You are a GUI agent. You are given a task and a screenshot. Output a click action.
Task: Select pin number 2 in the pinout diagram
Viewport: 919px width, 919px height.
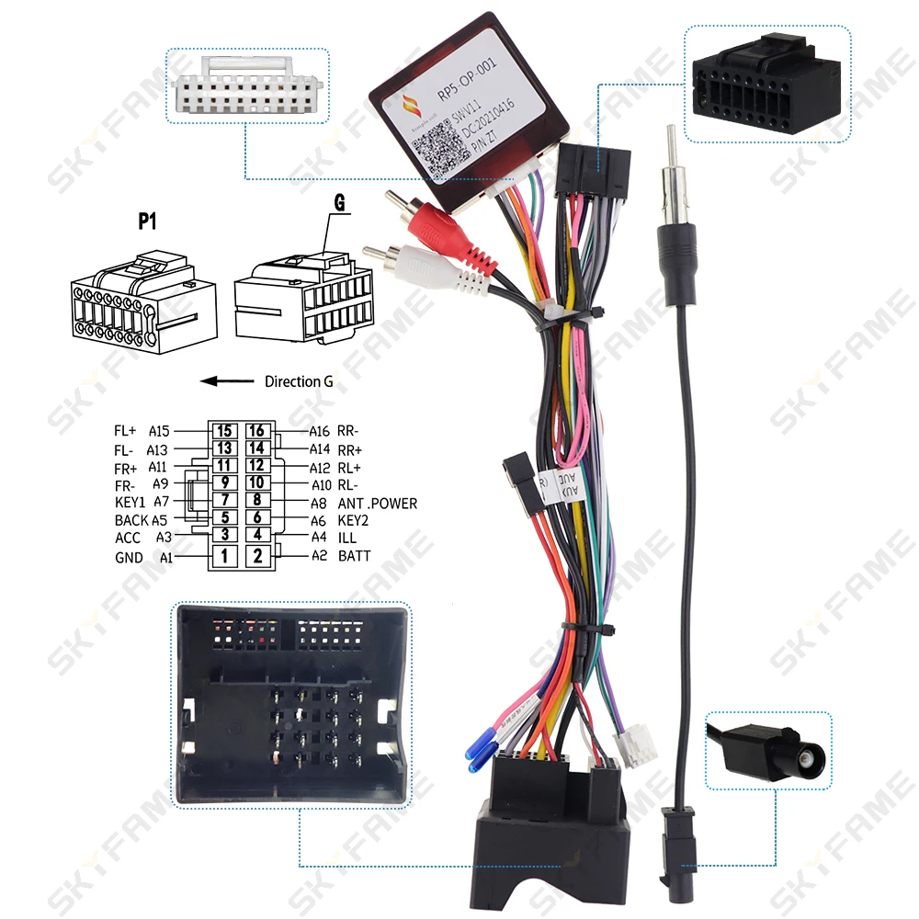[258, 555]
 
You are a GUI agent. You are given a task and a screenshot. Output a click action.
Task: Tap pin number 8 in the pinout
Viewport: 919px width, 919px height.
[258, 500]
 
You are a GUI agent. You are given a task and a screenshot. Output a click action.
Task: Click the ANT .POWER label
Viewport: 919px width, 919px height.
[378, 504]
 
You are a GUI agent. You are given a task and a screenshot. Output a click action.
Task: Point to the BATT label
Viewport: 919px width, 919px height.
[355, 555]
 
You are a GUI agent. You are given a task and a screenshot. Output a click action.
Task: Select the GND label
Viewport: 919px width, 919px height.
[130, 557]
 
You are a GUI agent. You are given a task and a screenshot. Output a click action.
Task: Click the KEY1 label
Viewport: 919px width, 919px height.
[130, 502]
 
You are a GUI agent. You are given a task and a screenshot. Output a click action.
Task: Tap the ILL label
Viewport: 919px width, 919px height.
[347, 538]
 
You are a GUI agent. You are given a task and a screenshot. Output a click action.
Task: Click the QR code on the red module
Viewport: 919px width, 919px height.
[435, 148]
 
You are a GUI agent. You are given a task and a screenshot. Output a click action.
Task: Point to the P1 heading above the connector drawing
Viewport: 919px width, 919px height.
[148, 221]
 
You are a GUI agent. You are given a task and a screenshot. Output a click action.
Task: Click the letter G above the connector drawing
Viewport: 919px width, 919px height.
[338, 204]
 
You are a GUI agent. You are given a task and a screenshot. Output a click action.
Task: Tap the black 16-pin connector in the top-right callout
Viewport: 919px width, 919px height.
[768, 83]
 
